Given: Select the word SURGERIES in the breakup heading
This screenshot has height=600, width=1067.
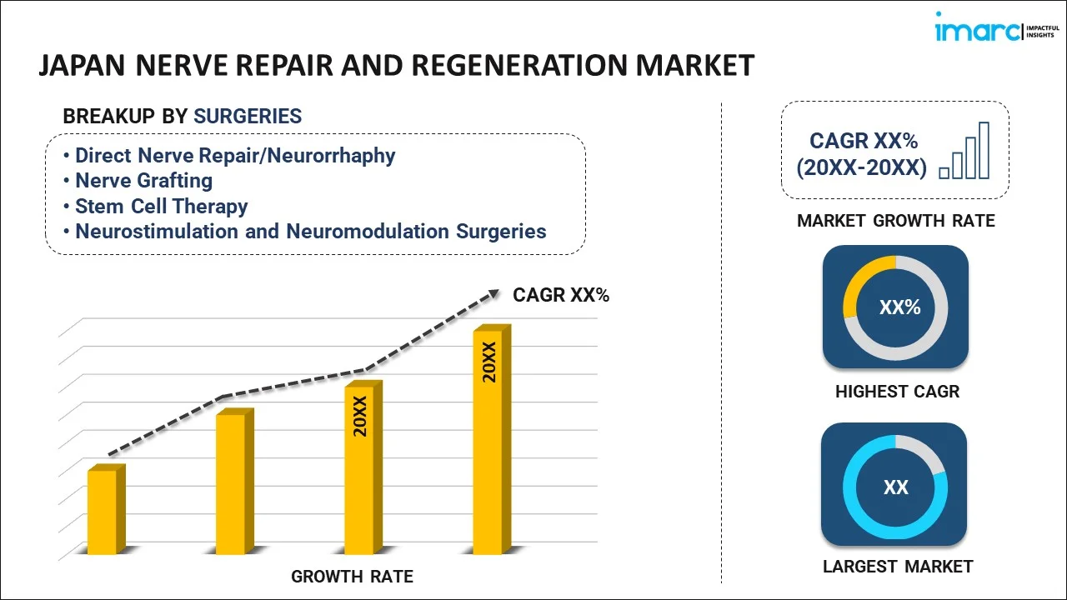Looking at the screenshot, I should [x=248, y=117].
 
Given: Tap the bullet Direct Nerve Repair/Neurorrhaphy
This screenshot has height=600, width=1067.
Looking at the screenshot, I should [x=235, y=156].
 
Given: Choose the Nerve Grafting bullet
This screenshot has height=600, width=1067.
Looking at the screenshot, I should [x=143, y=181].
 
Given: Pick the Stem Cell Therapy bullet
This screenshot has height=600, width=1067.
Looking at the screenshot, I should [x=161, y=206].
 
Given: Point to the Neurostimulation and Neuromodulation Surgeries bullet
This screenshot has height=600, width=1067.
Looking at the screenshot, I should [x=310, y=232].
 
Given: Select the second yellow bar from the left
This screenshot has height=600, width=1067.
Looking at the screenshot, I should [x=232, y=483].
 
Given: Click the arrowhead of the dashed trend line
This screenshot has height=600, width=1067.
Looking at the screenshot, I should [x=493, y=292].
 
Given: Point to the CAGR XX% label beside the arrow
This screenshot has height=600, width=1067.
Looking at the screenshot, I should [x=561, y=295].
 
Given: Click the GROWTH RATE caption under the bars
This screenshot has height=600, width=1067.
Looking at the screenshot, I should [x=352, y=577].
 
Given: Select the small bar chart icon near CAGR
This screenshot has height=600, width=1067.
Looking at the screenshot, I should [x=964, y=152].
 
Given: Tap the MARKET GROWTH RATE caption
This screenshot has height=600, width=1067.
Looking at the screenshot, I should [x=896, y=221].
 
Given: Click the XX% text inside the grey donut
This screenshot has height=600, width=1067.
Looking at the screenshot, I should [x=899, y=307].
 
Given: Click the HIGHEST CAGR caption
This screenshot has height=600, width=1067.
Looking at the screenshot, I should [x=897, y=392].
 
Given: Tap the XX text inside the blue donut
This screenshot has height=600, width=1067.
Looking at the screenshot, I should [x=895, y=487].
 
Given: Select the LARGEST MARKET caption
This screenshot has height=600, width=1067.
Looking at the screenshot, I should [x=897, y=567].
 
